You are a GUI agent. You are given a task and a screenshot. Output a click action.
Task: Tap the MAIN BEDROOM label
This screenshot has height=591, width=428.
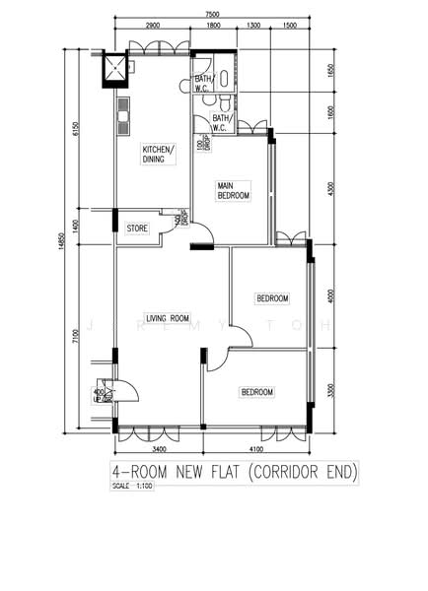[x=234, y=190]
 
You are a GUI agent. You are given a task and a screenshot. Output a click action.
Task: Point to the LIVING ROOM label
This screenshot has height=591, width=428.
[x=168, y=318]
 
